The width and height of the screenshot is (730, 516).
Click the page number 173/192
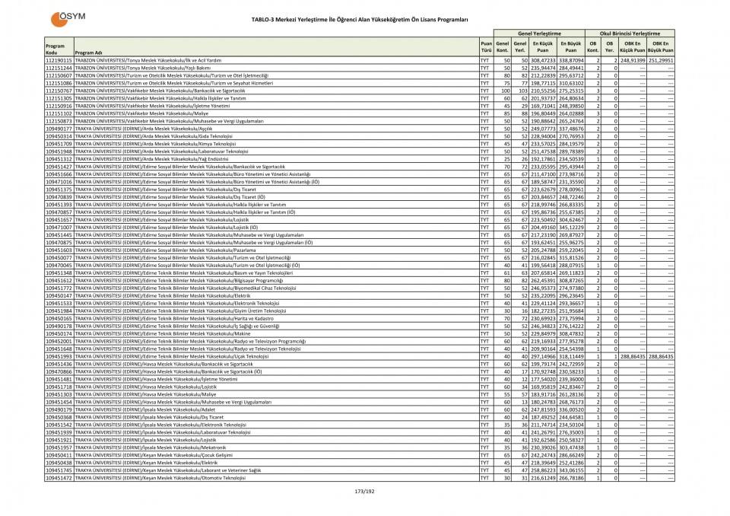tap(365, 492)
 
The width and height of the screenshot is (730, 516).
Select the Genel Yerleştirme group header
tap(539, 34)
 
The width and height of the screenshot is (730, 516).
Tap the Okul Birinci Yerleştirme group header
tap(630, 34)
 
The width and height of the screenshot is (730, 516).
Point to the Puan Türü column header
tap(485, 48)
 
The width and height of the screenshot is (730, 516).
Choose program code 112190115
tap(59, 59)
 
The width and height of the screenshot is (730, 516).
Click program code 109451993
tap(59, 356)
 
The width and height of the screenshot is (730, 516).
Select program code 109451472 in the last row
tap(59, 477)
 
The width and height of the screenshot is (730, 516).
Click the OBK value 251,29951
tap(661, 59)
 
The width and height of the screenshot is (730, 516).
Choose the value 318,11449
tap(571, 356)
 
